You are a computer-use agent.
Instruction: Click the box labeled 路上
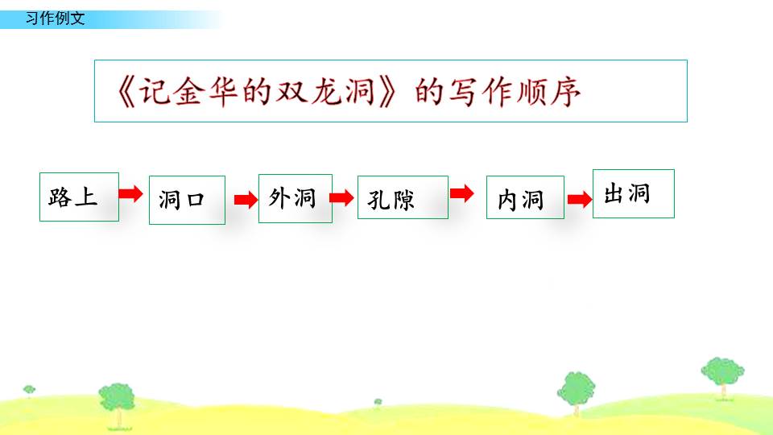[79, 197]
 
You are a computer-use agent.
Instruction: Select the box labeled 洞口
[188, 200]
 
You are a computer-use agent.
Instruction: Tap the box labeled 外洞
[296, 198]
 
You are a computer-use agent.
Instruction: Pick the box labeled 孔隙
[403, 197]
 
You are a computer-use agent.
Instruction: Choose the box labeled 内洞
[525, 197]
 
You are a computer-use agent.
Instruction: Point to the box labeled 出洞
[634, 193]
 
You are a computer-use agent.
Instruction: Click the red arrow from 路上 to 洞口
[130, 193]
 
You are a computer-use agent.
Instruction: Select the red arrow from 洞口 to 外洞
[246, 200]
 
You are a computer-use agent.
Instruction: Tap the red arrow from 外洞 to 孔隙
[341, 198]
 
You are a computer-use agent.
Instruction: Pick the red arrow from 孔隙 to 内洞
[462, 193]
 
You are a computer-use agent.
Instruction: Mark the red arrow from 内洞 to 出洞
[579, 199]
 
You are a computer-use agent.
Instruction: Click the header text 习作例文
[56, 19]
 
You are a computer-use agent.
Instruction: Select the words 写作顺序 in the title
[515, 92]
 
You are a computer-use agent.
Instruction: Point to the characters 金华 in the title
[206, 92]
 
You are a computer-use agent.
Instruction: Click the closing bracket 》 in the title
[387, 92]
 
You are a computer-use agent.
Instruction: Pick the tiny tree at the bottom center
[378, 403]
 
